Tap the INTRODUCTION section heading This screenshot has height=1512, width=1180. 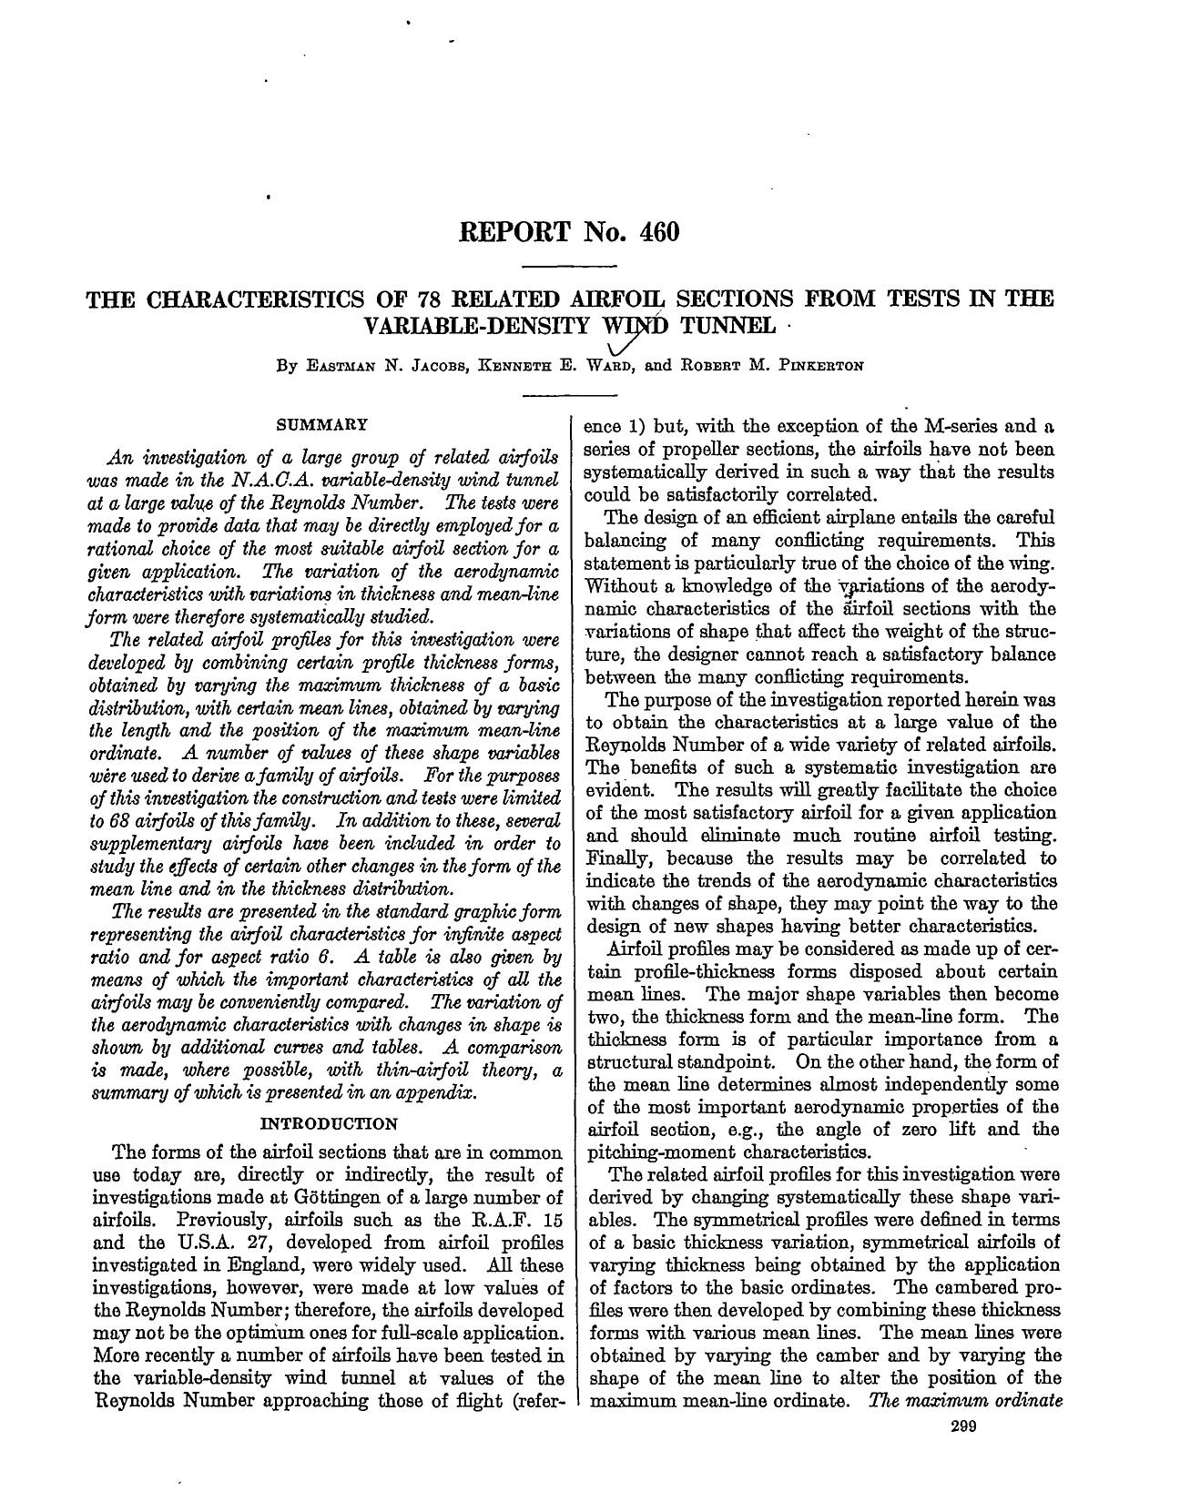point(329,1123)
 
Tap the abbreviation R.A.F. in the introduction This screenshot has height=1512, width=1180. point(498,1220)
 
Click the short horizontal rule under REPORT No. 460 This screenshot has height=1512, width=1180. point(572,266)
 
